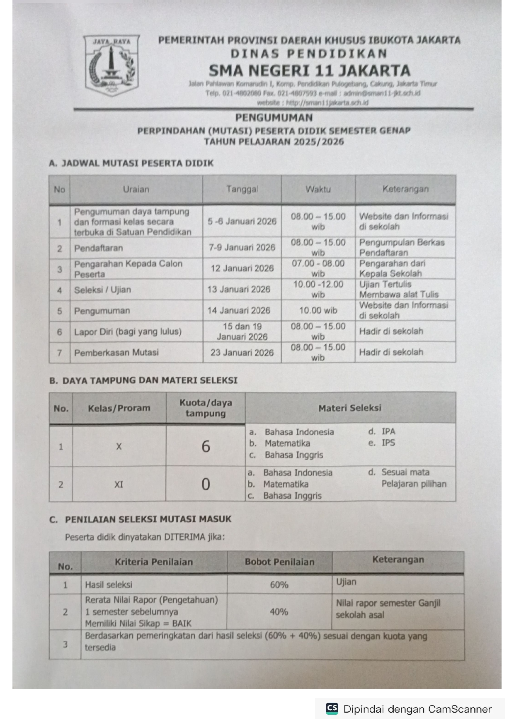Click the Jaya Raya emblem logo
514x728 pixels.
[111, 65]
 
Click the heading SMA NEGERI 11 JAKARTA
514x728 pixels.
[309, 71]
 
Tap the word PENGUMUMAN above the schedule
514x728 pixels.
[274, 117]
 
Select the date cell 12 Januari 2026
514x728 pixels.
[242, 268]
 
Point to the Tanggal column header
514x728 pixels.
[242, 189]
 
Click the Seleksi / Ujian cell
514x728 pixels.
[102, 290]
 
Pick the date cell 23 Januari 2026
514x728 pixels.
[242, 353]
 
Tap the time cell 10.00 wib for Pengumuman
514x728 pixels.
[318, 310]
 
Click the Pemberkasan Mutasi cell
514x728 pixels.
[116, 353]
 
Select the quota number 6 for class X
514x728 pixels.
[206, 446]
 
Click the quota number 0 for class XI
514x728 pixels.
[206, 484]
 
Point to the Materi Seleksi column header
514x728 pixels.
[350, 408]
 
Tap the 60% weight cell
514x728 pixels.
[279, 584]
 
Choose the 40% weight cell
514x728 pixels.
[279, 611]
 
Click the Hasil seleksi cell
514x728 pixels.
[109, 584]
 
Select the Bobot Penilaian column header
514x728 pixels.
[279, 562]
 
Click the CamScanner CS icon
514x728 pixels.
[332, 709]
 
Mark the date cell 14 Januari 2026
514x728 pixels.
[239, 310]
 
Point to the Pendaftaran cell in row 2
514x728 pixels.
[98, 248]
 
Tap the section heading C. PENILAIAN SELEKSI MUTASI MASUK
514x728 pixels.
[140, 519]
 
